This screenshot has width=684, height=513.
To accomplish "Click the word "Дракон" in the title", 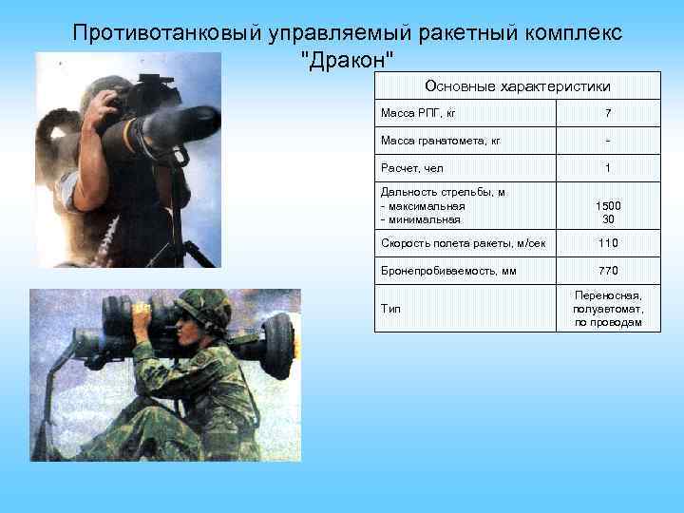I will click(347, 60).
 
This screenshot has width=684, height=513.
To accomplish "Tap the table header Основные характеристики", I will click(517, 86).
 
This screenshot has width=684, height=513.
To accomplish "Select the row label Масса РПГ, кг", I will click(418, 114).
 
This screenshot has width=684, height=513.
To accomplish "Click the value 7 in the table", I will click(607, 114).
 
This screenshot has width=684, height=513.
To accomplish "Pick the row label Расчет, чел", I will click(412, 168).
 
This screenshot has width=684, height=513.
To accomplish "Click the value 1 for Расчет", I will click(607, 168).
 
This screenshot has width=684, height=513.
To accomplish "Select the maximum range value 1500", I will click(607, 205).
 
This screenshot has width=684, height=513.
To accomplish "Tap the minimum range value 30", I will click(607, 218).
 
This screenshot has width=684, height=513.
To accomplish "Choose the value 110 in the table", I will click(607, 243).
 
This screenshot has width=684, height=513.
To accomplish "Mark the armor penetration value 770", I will click(607, 270).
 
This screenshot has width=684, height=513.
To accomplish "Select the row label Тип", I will click(390, 309).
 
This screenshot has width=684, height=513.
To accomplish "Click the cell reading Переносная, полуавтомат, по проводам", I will click(607, 309).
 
